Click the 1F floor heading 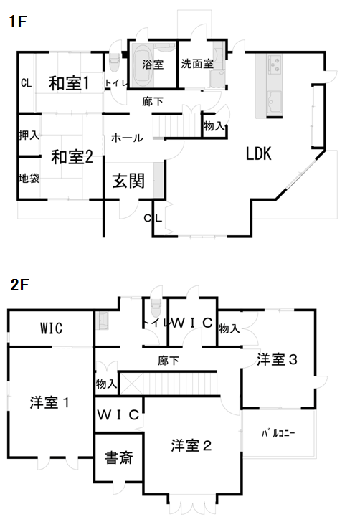click(17, 22)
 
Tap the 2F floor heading click(19, 285)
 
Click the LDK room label click(259, 153)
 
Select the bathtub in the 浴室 click(143, 65)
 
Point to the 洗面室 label click(197, 64)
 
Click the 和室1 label click(69, 83)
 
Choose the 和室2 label click(72, 156)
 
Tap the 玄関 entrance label click(128, 181)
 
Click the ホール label click(127, 138)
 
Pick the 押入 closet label click(29, 135)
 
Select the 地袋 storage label click(29, 178)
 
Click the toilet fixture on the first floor click(114, 63)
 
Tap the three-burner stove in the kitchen click(275, 65)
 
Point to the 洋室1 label click(49, 402)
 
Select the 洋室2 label click(191, 446)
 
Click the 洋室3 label click(277, 359)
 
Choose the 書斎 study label click(118, 457)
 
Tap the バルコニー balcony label click(278, 433)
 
